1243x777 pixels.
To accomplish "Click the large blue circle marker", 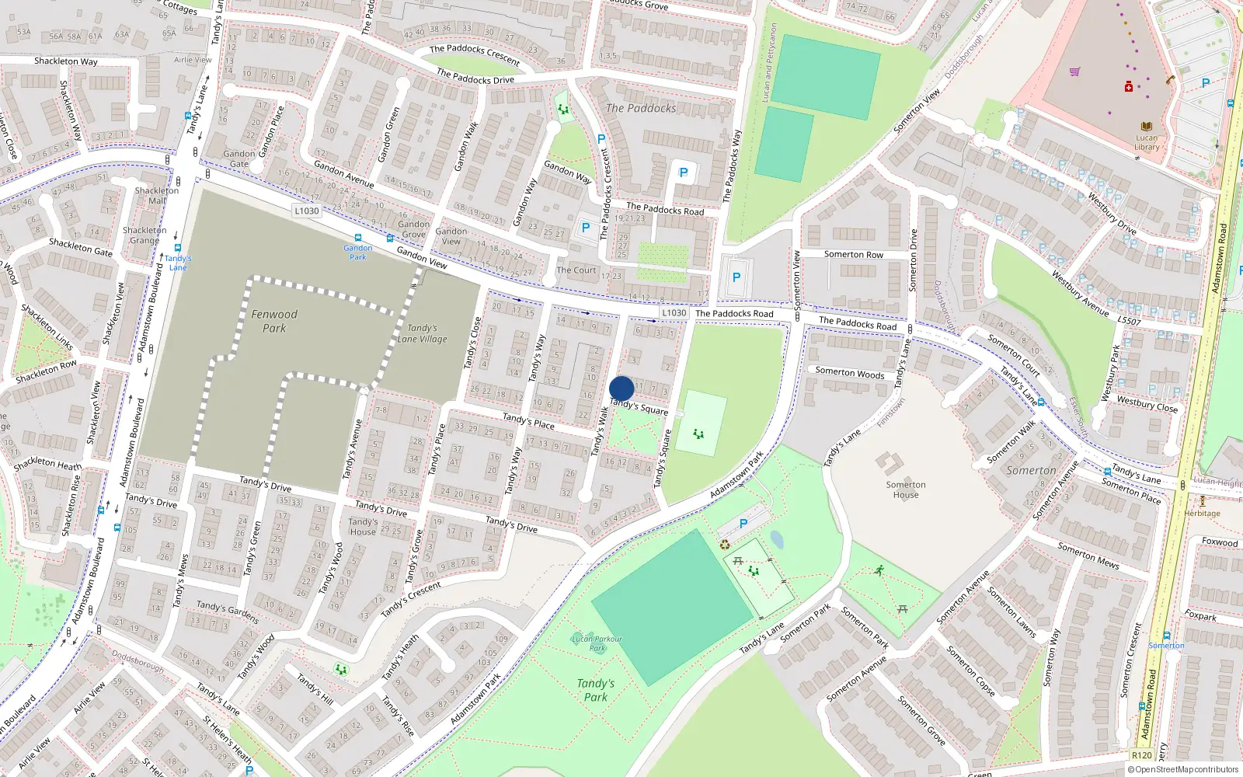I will (621, 388).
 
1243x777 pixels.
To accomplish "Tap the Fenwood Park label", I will (274, 321).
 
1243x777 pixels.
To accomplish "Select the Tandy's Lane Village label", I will (422, 333).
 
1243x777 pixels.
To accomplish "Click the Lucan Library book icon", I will (1147, 127).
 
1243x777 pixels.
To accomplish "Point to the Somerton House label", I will (906, 490).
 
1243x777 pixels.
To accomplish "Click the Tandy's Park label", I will (596, 690).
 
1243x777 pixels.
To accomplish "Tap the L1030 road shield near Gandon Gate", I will (307, 211).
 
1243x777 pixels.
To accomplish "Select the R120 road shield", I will (1142, 755).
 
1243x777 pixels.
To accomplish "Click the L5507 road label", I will (1130, 321).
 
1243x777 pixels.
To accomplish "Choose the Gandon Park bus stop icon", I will (358, 239).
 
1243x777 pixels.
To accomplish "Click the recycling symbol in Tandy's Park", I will (725, 545).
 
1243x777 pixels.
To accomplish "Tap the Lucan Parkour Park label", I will (597, 643).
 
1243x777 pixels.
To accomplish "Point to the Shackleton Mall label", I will (156, 195).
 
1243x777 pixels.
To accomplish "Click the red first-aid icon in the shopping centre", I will (1129, 86).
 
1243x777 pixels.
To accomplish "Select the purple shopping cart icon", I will (1074, 71).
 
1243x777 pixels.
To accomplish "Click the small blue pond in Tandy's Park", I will (776, 539).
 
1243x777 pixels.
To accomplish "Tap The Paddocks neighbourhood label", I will (641, 108).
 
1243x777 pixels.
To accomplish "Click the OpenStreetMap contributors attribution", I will (1183, 770).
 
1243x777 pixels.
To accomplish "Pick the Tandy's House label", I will (363, 527).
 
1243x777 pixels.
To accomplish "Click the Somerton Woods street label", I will (850, 373).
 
